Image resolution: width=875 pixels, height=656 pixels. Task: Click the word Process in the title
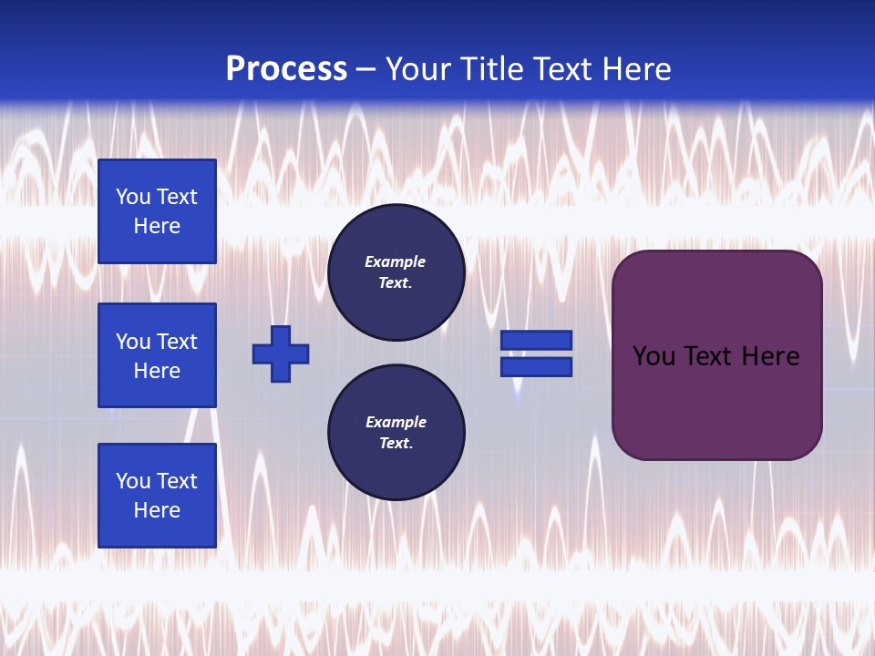(286, 69)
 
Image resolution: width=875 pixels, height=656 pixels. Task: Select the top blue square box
(157, 211)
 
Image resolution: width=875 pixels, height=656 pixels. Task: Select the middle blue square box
(157, 355)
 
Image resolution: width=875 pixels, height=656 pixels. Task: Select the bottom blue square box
(157, 496)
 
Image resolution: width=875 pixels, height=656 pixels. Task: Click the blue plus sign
(281, 354)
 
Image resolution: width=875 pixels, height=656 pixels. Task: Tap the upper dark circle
(396, 272)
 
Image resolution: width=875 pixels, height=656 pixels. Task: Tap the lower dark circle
(396, 433)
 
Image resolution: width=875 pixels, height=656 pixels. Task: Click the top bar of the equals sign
(536, 340)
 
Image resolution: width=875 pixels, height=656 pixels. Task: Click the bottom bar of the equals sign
(536, 366)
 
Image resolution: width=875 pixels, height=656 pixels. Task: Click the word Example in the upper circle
(396, 261)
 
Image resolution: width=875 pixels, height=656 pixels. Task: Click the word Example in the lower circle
(396, 422)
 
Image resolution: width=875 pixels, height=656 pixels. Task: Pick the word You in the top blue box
(133, 197)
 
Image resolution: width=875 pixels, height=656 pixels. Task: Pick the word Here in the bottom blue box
(157, 510)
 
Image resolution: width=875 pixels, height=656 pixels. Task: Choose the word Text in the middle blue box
(177, 342)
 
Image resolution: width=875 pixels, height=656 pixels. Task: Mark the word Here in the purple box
(771, 356)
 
